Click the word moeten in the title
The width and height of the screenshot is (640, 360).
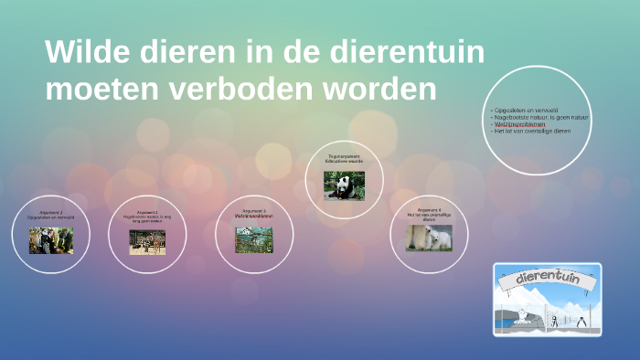point(101,90)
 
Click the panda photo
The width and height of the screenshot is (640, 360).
point(344,185)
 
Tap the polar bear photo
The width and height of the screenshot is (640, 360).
point(429,238)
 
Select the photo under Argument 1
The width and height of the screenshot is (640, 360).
point(51,240)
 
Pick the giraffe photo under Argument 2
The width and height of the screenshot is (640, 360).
point(148,240)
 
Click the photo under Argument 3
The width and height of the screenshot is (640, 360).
point(253,239)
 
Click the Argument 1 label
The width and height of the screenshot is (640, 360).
point(51,212)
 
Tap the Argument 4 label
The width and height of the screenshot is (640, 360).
point(430,210)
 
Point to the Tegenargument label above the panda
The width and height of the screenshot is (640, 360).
point(344,156)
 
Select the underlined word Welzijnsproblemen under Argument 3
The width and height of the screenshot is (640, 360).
point(253,216)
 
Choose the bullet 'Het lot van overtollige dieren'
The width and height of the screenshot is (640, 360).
point(532,131)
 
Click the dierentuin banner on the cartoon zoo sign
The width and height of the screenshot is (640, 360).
point(548,279)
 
